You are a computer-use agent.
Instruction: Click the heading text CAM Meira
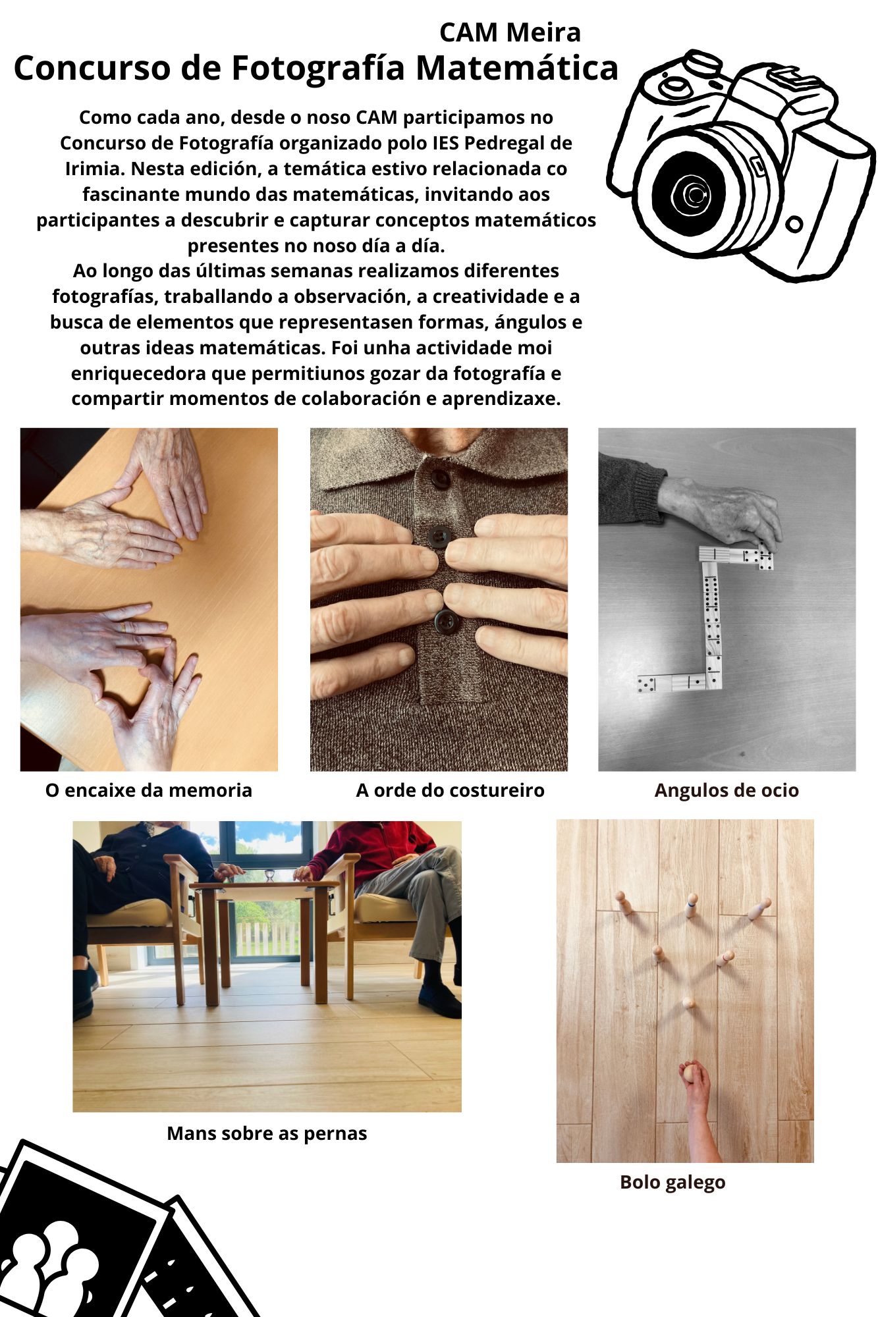510,32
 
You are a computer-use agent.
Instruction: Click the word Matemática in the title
517,68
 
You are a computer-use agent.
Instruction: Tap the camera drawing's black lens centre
689,193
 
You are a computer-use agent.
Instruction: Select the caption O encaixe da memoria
149,790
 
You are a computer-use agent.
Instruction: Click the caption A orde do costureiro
451,790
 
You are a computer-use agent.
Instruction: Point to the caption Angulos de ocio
727,791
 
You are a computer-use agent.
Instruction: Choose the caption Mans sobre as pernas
267,1133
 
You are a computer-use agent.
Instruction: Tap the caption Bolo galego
672,1183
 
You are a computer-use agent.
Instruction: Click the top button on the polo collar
440,479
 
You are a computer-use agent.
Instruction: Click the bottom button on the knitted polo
446,621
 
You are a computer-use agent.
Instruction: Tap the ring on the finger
123,627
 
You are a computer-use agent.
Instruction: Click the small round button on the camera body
794,225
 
